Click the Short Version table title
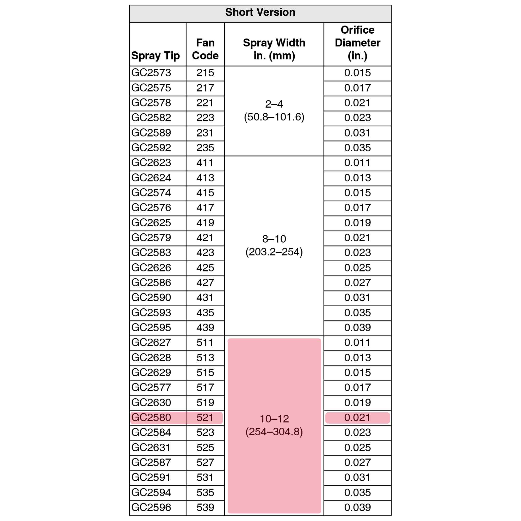260,13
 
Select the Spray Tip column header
155,55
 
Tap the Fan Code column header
205,49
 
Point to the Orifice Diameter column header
357,43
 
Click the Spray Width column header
274,49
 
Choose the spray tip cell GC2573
151,73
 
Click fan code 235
205,148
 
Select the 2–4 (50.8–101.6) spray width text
274,110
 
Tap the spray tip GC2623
151,163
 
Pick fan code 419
205,223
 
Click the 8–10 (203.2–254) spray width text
274,245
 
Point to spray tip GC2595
151,327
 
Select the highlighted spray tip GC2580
151,417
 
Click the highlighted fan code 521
205,417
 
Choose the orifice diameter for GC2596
357,507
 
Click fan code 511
205,343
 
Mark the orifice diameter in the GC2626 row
357,268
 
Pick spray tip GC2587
151,462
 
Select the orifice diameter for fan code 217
357,88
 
